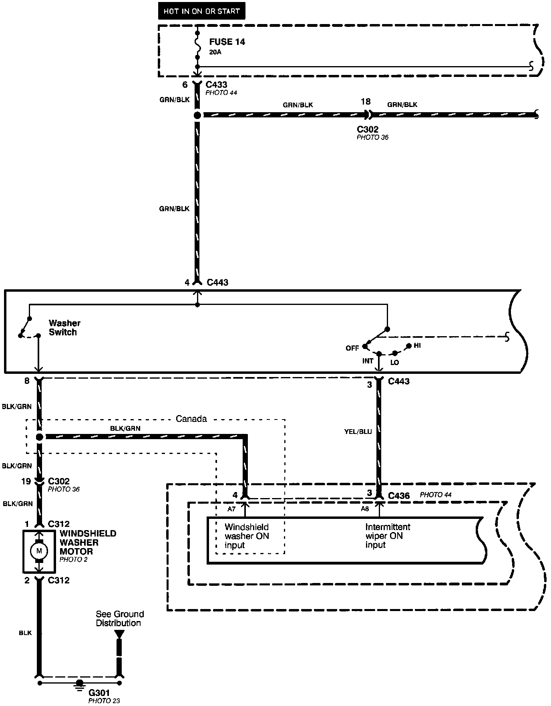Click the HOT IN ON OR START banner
[201, 11]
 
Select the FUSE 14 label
[227, 42]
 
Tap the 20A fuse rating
[215, 52]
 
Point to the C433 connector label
[216, 85]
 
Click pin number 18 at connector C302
[365, 102]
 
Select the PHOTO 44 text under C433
[221, 93]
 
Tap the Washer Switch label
[64, 327]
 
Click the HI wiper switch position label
[417, 345]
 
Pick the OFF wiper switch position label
[352, 348]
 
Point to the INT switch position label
[368, 361]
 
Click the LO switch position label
[394, 363]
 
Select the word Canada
[191, 419]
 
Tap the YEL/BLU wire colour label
[358, 432]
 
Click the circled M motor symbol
[39, 551]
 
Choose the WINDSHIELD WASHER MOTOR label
[88, 543]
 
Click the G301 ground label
[99, 692]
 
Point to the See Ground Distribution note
[119, 618]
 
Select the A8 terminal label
[365, 509]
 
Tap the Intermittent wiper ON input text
[387, 536]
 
